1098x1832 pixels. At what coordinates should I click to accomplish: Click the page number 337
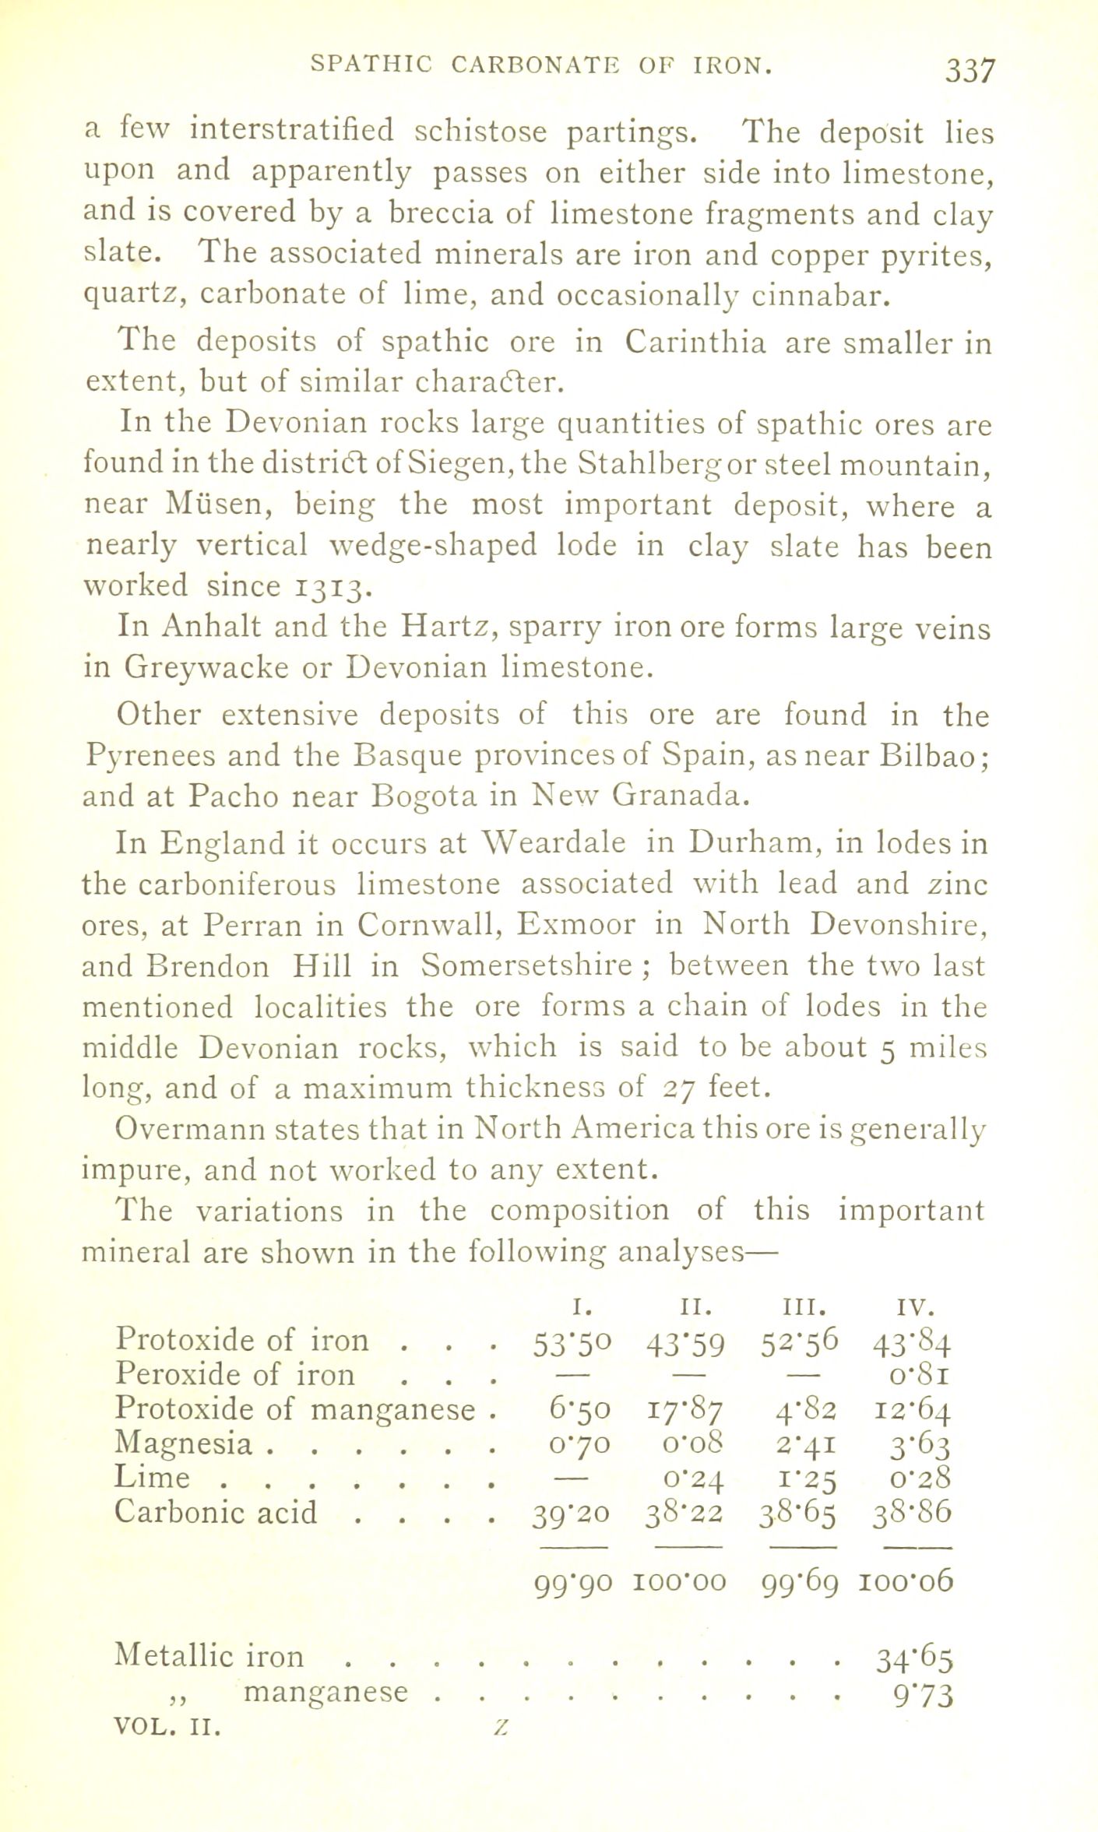point(970,71)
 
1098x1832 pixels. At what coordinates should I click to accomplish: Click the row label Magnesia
point(184,1443)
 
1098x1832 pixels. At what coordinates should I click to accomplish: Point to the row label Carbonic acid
point(216,1512)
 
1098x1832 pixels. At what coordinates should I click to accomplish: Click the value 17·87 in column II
point(685,1409)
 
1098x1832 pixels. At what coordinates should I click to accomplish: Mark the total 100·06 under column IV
point(906,1581)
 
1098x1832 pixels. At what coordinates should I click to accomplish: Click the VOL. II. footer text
point(167,1727)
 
